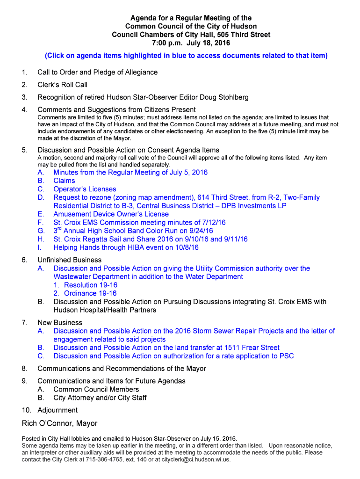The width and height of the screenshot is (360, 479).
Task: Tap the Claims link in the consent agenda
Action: coord(64,181)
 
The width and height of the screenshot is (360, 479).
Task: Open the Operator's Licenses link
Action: coord(85,189)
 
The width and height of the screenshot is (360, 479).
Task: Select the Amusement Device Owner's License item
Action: coord(111,214)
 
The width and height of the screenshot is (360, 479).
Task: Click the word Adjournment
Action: coord(58,410)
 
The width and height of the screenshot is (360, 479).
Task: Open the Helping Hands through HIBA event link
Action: coord(126,247)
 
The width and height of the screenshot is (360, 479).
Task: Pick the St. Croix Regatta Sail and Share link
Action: coord(151,239)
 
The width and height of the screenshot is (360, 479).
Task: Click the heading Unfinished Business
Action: coord(69,260)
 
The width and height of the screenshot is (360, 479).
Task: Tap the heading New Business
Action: coord(60,323)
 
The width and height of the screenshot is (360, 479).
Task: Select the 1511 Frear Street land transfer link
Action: coord(166,348)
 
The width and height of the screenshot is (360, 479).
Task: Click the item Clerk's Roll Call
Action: coord(62,85)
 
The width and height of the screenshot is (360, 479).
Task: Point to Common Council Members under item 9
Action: coord(96,389)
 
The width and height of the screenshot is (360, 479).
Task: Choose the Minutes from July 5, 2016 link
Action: coord(130,172)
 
